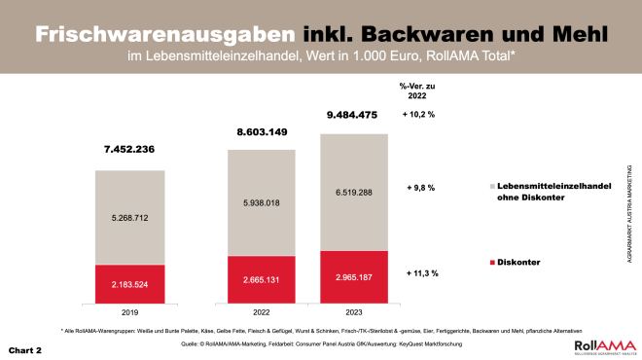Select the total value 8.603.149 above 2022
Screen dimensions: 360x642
click(x=261, y=130)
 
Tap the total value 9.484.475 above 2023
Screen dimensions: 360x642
click(x=353, y=115)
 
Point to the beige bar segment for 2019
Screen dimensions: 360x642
click(x=129, y=217)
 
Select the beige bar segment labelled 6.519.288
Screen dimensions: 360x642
click(x=354, y=192)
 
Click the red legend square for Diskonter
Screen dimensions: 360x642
click(x=489, y=264)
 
